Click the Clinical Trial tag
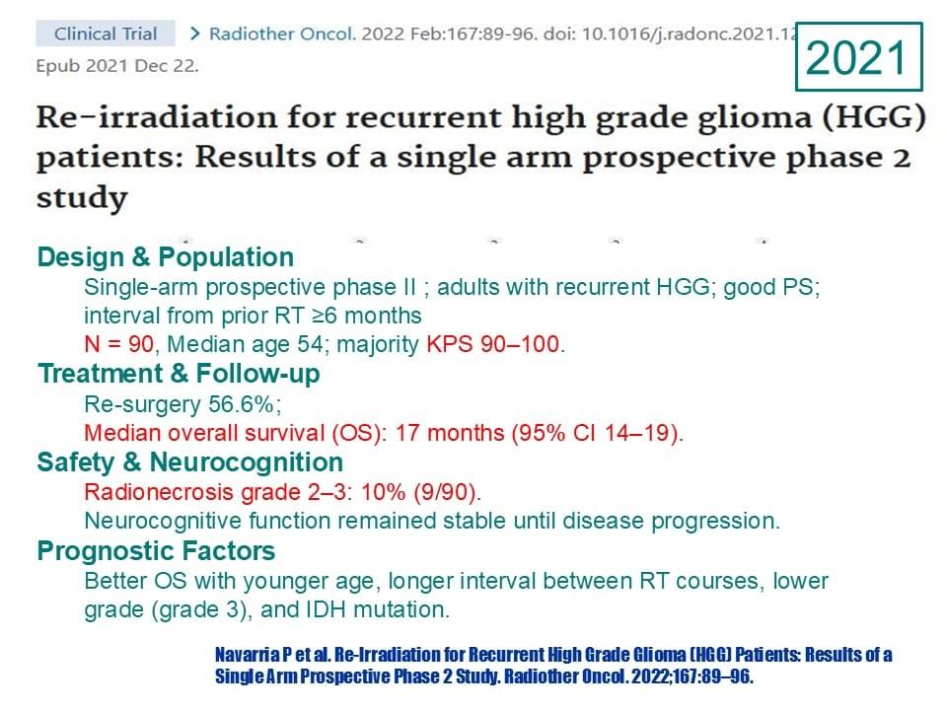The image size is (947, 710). pos(106,34)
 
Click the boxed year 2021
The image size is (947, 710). pos(858,57)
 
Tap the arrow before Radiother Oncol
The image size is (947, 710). pos(194,34)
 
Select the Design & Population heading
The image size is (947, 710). pos(166,257)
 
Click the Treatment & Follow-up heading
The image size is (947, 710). pos(179,374)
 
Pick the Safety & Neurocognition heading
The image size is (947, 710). pos(190,462)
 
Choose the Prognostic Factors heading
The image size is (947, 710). pos(157,551)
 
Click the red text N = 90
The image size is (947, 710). pos(119,344)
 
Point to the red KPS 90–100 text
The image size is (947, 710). pos(493,344)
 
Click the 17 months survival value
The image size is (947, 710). pos(450,433)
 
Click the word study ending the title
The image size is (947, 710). pos(82,198)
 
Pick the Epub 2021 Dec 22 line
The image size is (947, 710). pos(117,66)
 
